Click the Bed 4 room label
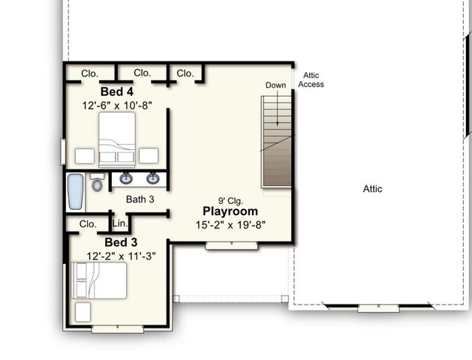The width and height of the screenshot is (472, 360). (x=117, y=91)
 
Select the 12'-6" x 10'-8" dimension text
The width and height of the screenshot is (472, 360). (x=117, y=106)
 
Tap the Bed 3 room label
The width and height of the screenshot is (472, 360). (x=120, y=242)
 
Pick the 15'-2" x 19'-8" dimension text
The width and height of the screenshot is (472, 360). (x=231, y=224)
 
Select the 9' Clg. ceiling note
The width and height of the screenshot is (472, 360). (x=231, y=200)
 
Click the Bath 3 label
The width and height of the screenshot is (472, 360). (x=140, y=199)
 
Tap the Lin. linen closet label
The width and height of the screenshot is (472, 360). (x=119, y=223)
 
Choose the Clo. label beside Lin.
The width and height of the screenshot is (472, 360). (x=88, y=223)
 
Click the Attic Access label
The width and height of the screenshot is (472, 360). (x=311, y=79)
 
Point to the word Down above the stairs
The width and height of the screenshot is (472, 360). (x=275, y=85)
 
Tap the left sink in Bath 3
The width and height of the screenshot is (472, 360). (x=125, y=178)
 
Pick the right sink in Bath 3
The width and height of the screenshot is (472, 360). (x=153, y=178)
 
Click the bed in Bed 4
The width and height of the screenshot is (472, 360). (x=117, y=139)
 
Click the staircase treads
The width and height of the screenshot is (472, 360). (x=276, y=142)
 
